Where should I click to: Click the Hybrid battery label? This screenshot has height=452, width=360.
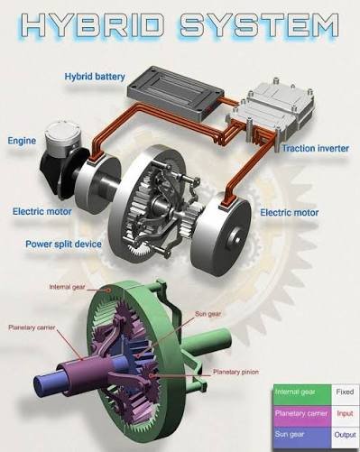[95, 77]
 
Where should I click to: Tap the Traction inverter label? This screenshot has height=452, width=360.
[316, 148]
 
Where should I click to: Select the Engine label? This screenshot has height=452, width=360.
[22, 141]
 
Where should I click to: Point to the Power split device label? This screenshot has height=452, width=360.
[63, 244]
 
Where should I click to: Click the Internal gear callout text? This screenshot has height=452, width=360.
[68, 287]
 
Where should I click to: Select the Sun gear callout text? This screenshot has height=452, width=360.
[208, 314]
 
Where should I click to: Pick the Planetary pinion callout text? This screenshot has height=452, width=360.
[235, 372]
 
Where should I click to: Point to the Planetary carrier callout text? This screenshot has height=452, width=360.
[32, 327]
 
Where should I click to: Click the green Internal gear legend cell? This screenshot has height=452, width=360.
[302, 394]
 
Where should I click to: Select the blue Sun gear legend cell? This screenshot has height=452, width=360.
[302, 438]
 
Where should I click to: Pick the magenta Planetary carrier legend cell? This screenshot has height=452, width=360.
[302, 416]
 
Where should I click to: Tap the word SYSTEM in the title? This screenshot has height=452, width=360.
[259, 25]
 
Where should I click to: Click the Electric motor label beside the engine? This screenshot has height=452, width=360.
[42, 211]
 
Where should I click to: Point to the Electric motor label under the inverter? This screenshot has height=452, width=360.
[289, 213]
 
